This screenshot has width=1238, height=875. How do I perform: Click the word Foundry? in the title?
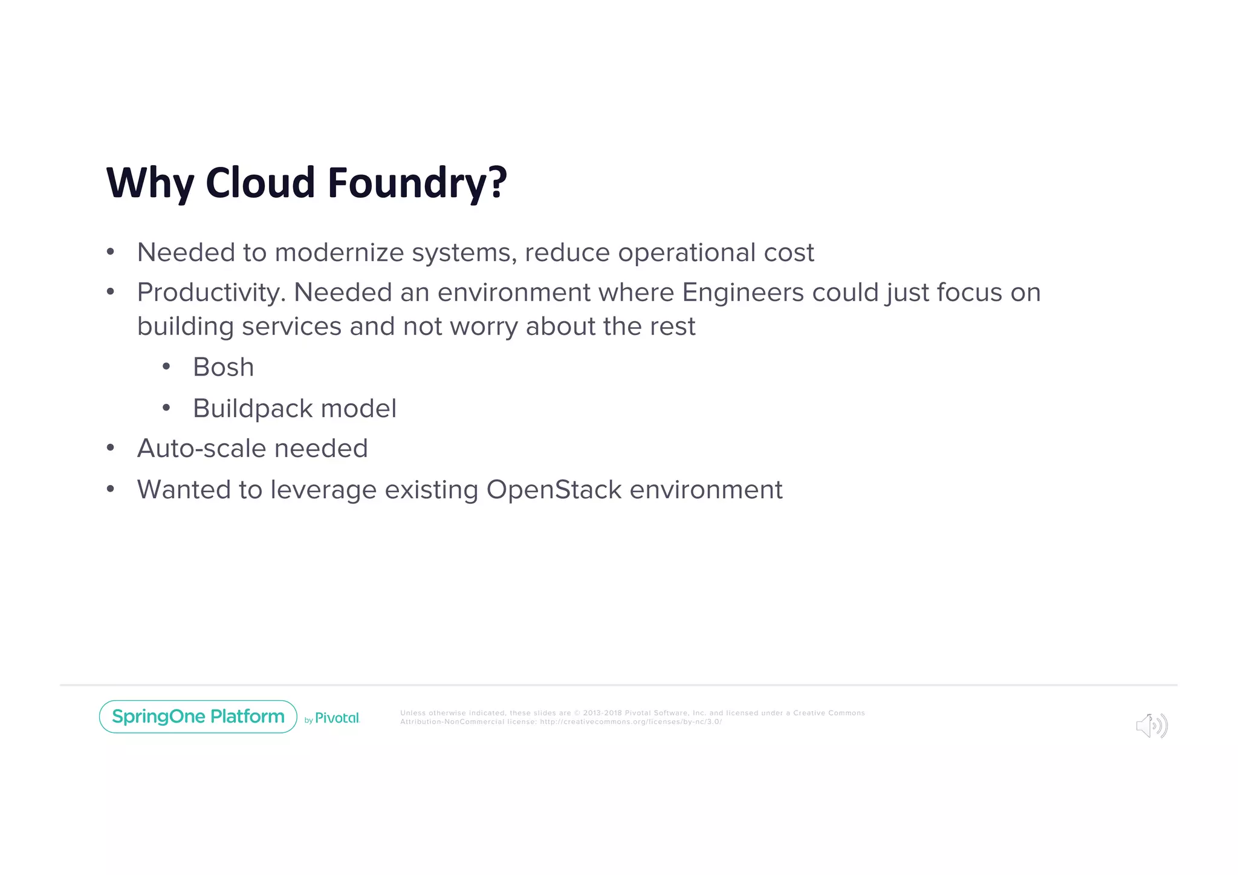click(x=417, y=183)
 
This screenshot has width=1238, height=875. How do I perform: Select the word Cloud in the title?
click(x=260, y=183)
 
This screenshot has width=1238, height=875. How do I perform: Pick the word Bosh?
click(x=223, y=367)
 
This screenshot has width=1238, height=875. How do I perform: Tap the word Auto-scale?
click(x=201, y=449)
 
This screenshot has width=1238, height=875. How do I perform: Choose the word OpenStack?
click(x=554, y=490)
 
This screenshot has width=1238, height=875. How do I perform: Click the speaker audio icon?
click(x=1151, y=726)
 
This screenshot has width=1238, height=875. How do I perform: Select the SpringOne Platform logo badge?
click(x=198, y=717)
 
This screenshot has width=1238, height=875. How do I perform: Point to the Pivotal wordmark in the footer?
click(x=337, y=718)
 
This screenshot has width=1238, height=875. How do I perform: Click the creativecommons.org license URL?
click(x=630, y=721)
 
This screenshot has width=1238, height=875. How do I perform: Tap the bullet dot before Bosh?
click(x=166, y=366)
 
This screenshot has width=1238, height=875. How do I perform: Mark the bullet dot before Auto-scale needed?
click(x=110, y=448)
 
